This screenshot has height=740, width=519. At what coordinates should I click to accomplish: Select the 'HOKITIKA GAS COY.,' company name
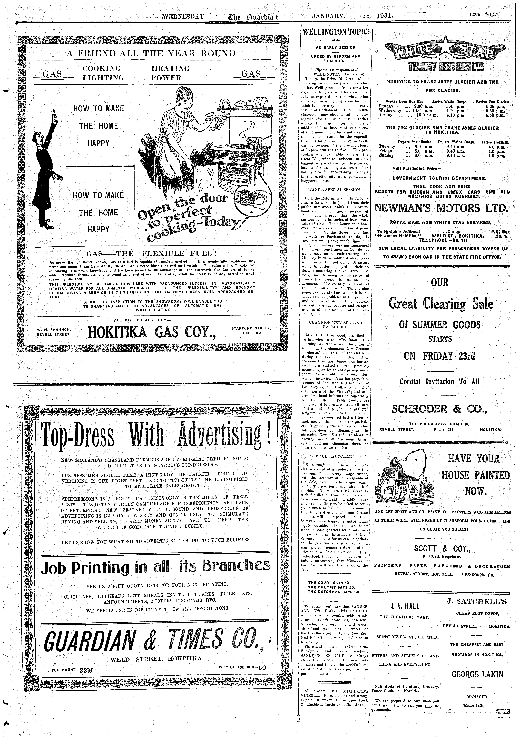[x=151, y=332]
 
